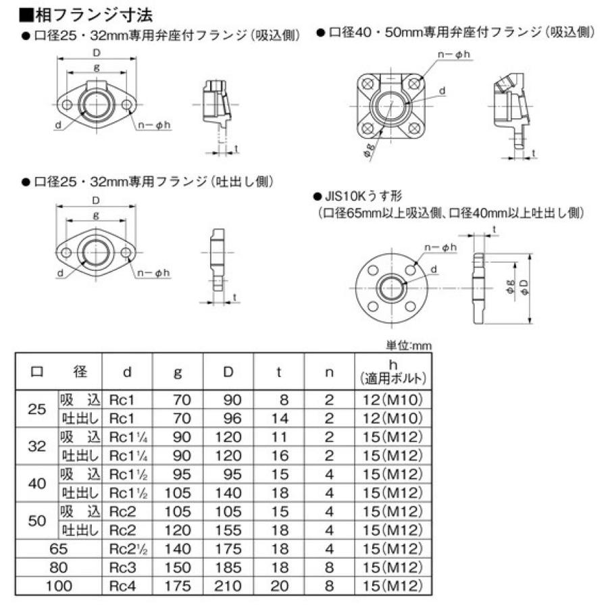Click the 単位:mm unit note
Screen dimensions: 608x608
(x=408, y=345)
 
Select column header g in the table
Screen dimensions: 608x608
(x=178, y=372)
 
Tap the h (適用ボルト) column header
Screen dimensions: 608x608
(x=392, y=372)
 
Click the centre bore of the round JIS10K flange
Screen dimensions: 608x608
(x=390, y=288)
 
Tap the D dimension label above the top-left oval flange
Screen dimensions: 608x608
(x=96, y=53)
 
